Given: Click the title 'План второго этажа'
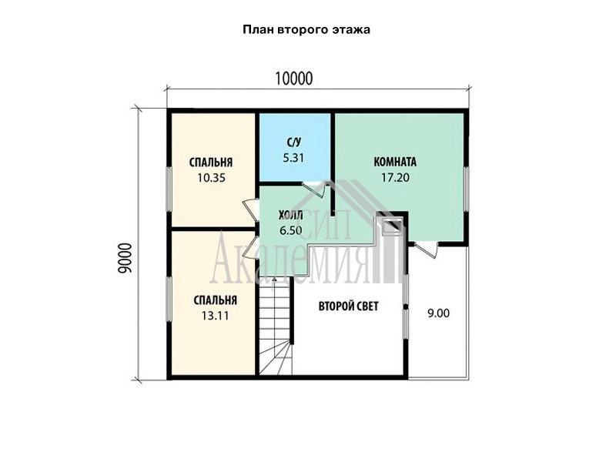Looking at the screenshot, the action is (x=306, y=30).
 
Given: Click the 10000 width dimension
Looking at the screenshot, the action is (x=294, y=79).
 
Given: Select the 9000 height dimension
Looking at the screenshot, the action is (x=126, y=258).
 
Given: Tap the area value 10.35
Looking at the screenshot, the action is (x=211, y=178).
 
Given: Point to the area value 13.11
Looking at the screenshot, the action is (x=216, y=316).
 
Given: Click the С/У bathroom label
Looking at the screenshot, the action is (x=294, y=142).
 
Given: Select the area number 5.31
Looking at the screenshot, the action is (x=294, y=158).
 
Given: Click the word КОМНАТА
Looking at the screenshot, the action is (x=395, y=162).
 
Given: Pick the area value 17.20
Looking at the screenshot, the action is (x=395, y=178).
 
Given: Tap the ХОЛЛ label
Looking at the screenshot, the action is (x=290, y=216).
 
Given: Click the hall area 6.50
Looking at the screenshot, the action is (x=291, y=230).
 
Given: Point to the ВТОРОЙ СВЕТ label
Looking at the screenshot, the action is (x=349, y=306).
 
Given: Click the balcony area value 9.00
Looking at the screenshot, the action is (x=438, y=313).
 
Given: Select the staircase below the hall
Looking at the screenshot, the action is (x=276, y=326).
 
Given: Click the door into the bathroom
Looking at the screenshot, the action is (x=314, y=189).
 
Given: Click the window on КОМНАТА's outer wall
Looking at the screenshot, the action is (x=467, y=189).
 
